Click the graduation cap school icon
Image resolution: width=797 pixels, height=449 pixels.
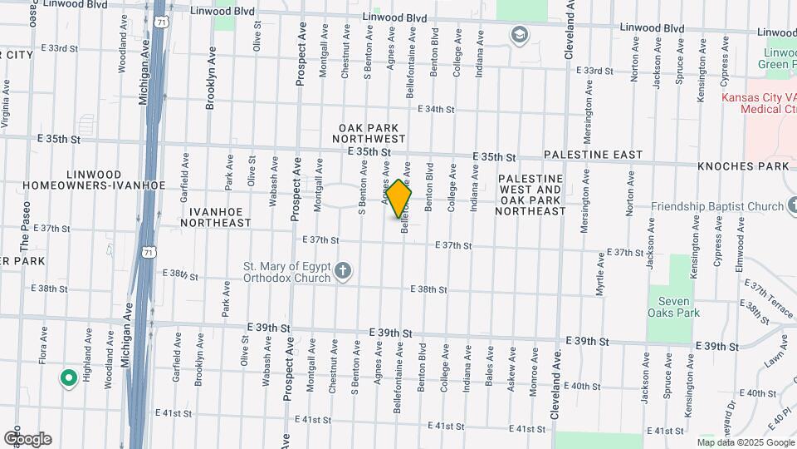tap(520, 35)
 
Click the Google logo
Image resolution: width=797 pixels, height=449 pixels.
tap(27, 439)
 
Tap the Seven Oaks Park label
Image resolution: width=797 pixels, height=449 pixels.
tap(674, 307)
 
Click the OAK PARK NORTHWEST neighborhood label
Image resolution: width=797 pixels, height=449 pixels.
tap(371, 133)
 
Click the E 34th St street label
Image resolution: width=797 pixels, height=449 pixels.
tap(437, 109)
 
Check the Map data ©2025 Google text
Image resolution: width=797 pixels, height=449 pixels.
tap(746, 442)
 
